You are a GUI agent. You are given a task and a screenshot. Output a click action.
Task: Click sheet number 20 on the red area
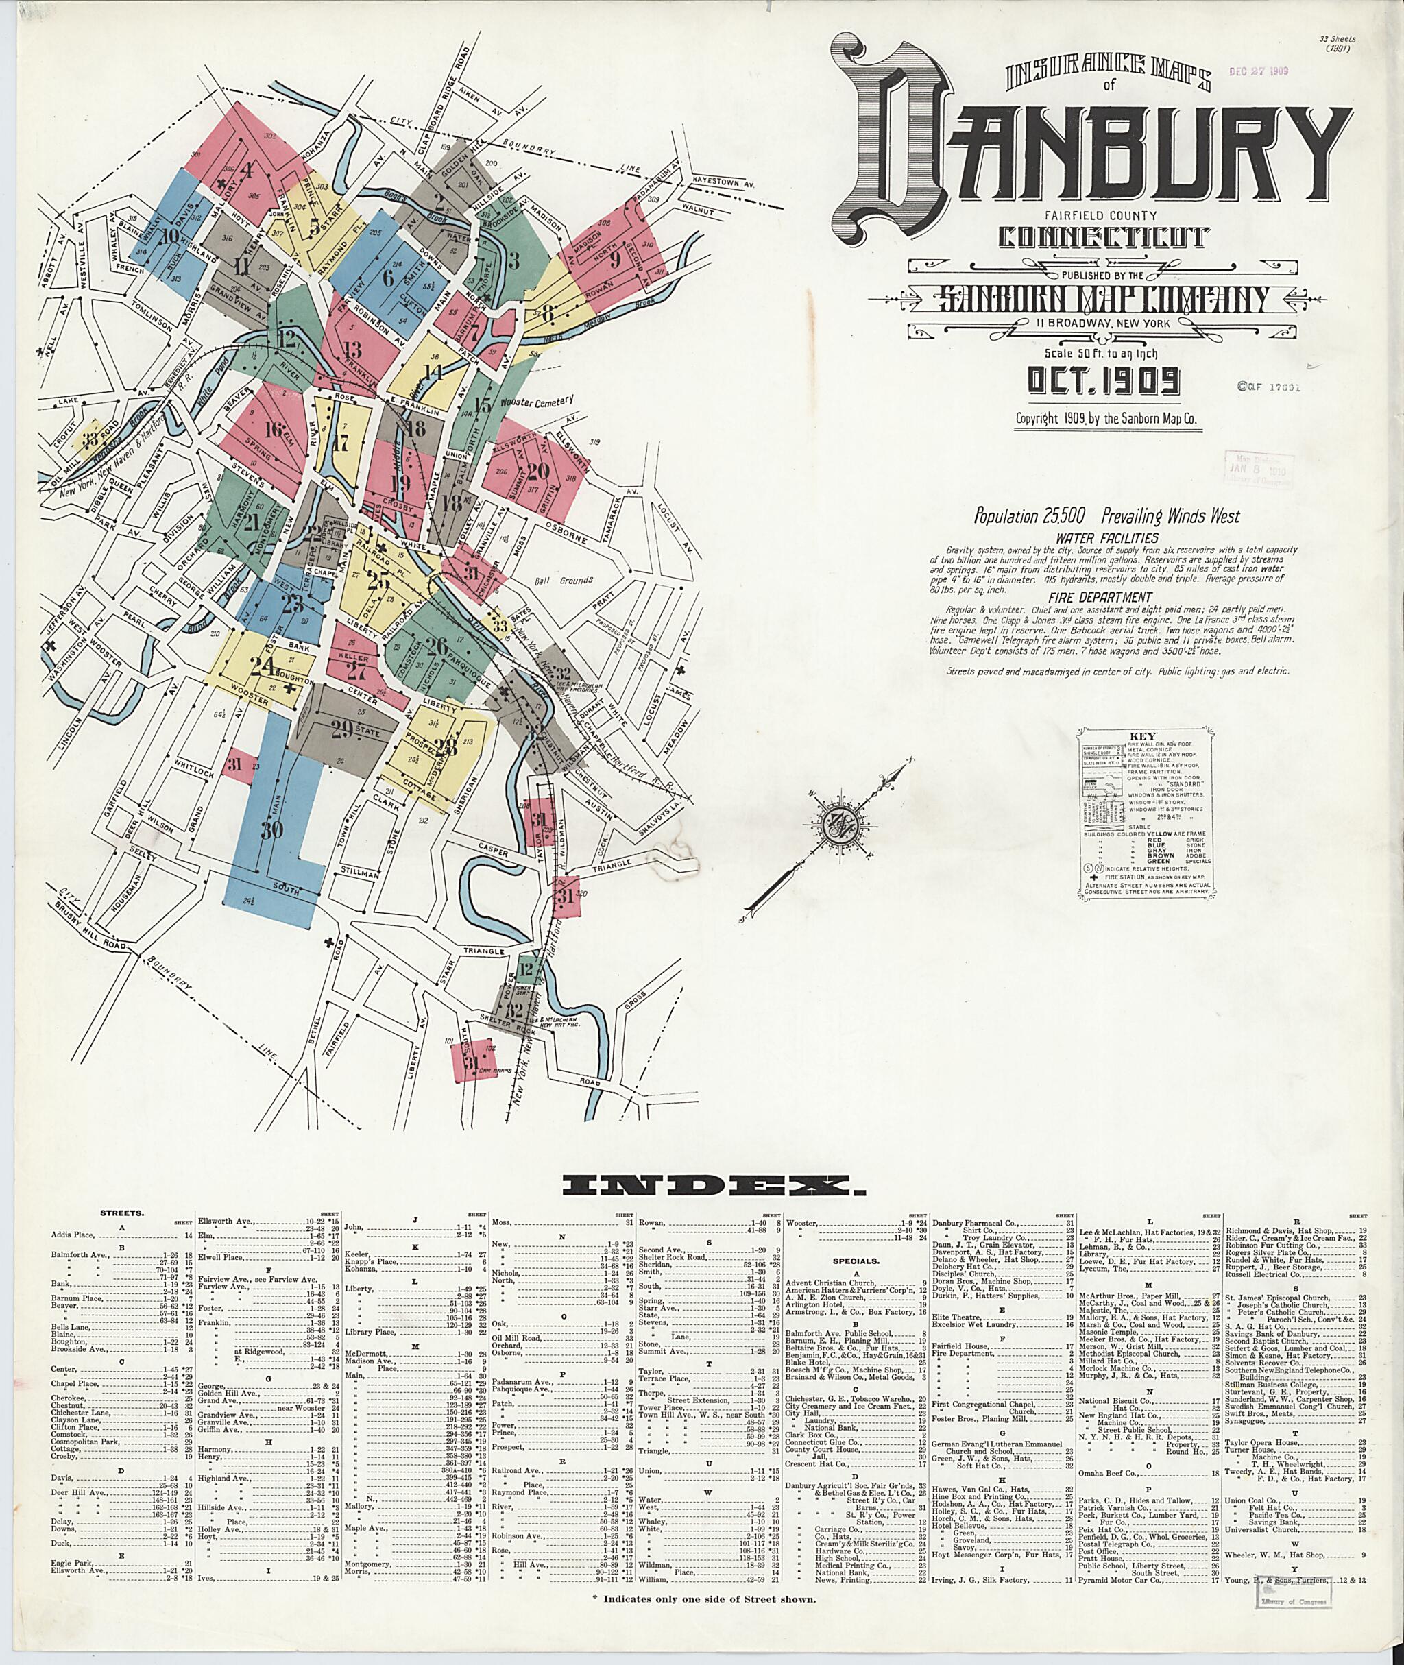coord(538,471)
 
